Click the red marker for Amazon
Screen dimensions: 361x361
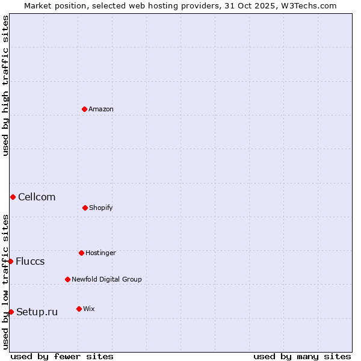(x=84, y=109)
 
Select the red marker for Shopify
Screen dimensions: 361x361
(x=85, y=208)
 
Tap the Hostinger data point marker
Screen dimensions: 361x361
(x=81, y=253)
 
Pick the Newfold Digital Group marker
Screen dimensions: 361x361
(x=67, y=279)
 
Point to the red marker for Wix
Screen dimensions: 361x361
(x=79, y=309)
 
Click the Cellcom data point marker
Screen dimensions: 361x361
(x=13, y=197)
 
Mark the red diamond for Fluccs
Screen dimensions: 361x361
(x=10, y=261)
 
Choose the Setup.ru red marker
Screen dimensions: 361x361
(x=11, y=312)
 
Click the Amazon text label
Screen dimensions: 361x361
(x=101, y=109)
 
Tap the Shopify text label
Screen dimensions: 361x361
(x=101, y=208)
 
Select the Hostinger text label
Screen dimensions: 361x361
(x=100, y=253)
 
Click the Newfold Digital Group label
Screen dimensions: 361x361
(x=106, y=279)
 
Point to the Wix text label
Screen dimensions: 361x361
(x=89, y=309)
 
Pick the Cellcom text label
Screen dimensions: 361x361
(x=37, y=197)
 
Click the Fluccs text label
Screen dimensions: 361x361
(x=30, y=261)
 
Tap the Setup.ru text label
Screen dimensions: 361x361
(x=37, y=312)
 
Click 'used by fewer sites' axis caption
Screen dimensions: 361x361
(x=62, y=356)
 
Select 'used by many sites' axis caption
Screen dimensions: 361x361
(x=302, y=356)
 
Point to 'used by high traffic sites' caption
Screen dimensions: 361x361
(x=5, y=85)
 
